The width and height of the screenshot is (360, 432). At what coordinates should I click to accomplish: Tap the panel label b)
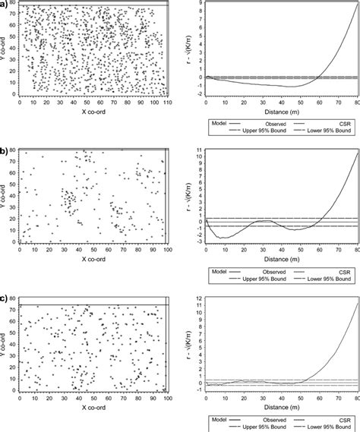click(x=5, y=151)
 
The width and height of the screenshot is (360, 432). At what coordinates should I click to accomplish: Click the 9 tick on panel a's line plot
click(x=199, y=4)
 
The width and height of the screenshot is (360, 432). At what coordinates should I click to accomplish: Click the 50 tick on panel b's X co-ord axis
click(x=90, y=248)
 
